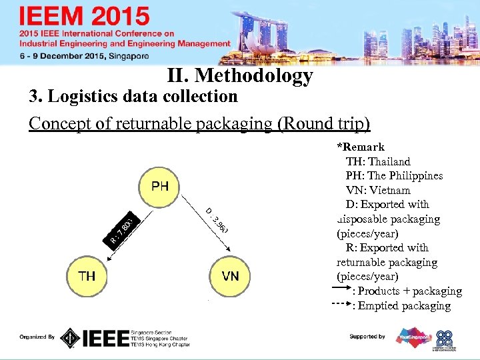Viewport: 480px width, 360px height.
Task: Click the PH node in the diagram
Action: [x=160, y=186]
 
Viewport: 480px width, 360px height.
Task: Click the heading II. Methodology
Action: [x=241, y=75]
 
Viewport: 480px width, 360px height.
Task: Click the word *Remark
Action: [x=361, y=147]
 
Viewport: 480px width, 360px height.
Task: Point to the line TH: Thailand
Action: [x=378, y=161]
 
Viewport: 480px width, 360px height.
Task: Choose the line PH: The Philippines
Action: [x=394, y=176]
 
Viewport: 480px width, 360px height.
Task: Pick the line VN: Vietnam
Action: [x=378, y=190]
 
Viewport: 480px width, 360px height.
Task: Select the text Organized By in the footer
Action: [x=37, y=337]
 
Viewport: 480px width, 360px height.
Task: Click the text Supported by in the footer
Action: [x=367, y=337]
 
